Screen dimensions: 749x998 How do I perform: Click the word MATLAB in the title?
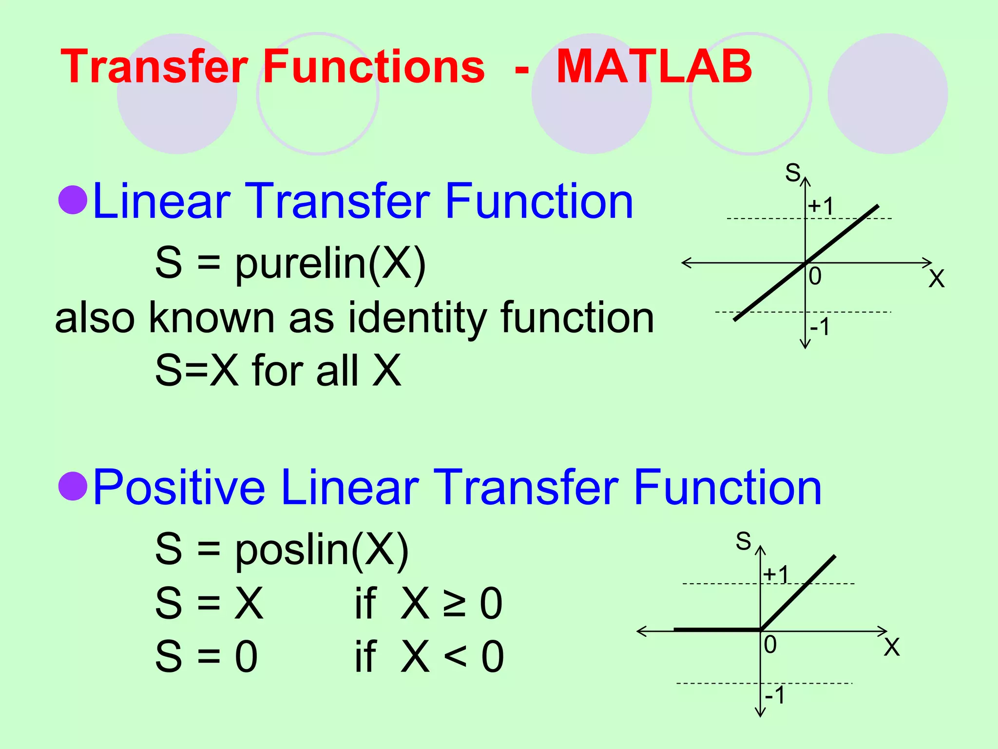tap(654, 66)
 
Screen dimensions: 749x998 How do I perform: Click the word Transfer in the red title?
tap(154, 66)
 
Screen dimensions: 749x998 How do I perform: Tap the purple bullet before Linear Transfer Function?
tap(73, 200)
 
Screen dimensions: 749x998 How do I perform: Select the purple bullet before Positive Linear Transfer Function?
tap(73, 486)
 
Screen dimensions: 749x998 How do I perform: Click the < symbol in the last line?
tap(455, 656)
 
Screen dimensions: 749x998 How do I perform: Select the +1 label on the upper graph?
tap(821, 206)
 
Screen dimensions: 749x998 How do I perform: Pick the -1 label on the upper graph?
tap(820, 327)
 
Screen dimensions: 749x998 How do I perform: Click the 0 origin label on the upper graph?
tap(815, 276)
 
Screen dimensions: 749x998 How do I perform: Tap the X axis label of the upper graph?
tap(937, 279)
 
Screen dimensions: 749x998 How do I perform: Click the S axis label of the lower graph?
tap(743, 541)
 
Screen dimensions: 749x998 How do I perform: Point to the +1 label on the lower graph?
tap(776, 574)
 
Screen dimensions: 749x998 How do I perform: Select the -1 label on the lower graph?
tap(775, 695)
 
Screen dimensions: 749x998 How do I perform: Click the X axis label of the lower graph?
tap(892, 648)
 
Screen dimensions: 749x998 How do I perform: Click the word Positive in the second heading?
tap(179, 487)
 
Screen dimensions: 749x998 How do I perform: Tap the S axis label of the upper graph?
tap(792, 173)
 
